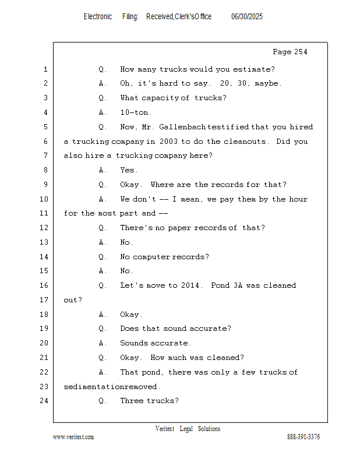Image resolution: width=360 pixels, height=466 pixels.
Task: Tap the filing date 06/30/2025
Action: tap(247, 17)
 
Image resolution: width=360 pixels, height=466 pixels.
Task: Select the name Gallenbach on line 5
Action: tap(182, 127)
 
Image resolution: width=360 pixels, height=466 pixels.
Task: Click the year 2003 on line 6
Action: tap(168, 142)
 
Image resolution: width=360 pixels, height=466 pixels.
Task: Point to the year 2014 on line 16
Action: tap(190, 285)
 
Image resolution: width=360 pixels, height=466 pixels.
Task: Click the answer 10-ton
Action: tap(134, 112)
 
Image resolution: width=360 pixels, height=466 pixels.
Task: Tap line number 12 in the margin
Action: tap(44, 228)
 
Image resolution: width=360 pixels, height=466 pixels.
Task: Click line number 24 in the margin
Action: tap(44, 401)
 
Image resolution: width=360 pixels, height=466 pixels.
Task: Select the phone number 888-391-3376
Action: tap(303, 437)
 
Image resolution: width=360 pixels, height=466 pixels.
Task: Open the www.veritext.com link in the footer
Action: tap(73, 437)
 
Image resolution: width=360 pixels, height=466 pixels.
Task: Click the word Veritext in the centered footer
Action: tap(165, 429)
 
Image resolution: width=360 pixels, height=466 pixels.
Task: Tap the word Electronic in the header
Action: tap(98, 17)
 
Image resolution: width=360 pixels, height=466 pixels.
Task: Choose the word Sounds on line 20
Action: tap(134, 343)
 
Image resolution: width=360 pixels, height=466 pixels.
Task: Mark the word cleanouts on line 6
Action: tap(244, 142)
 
